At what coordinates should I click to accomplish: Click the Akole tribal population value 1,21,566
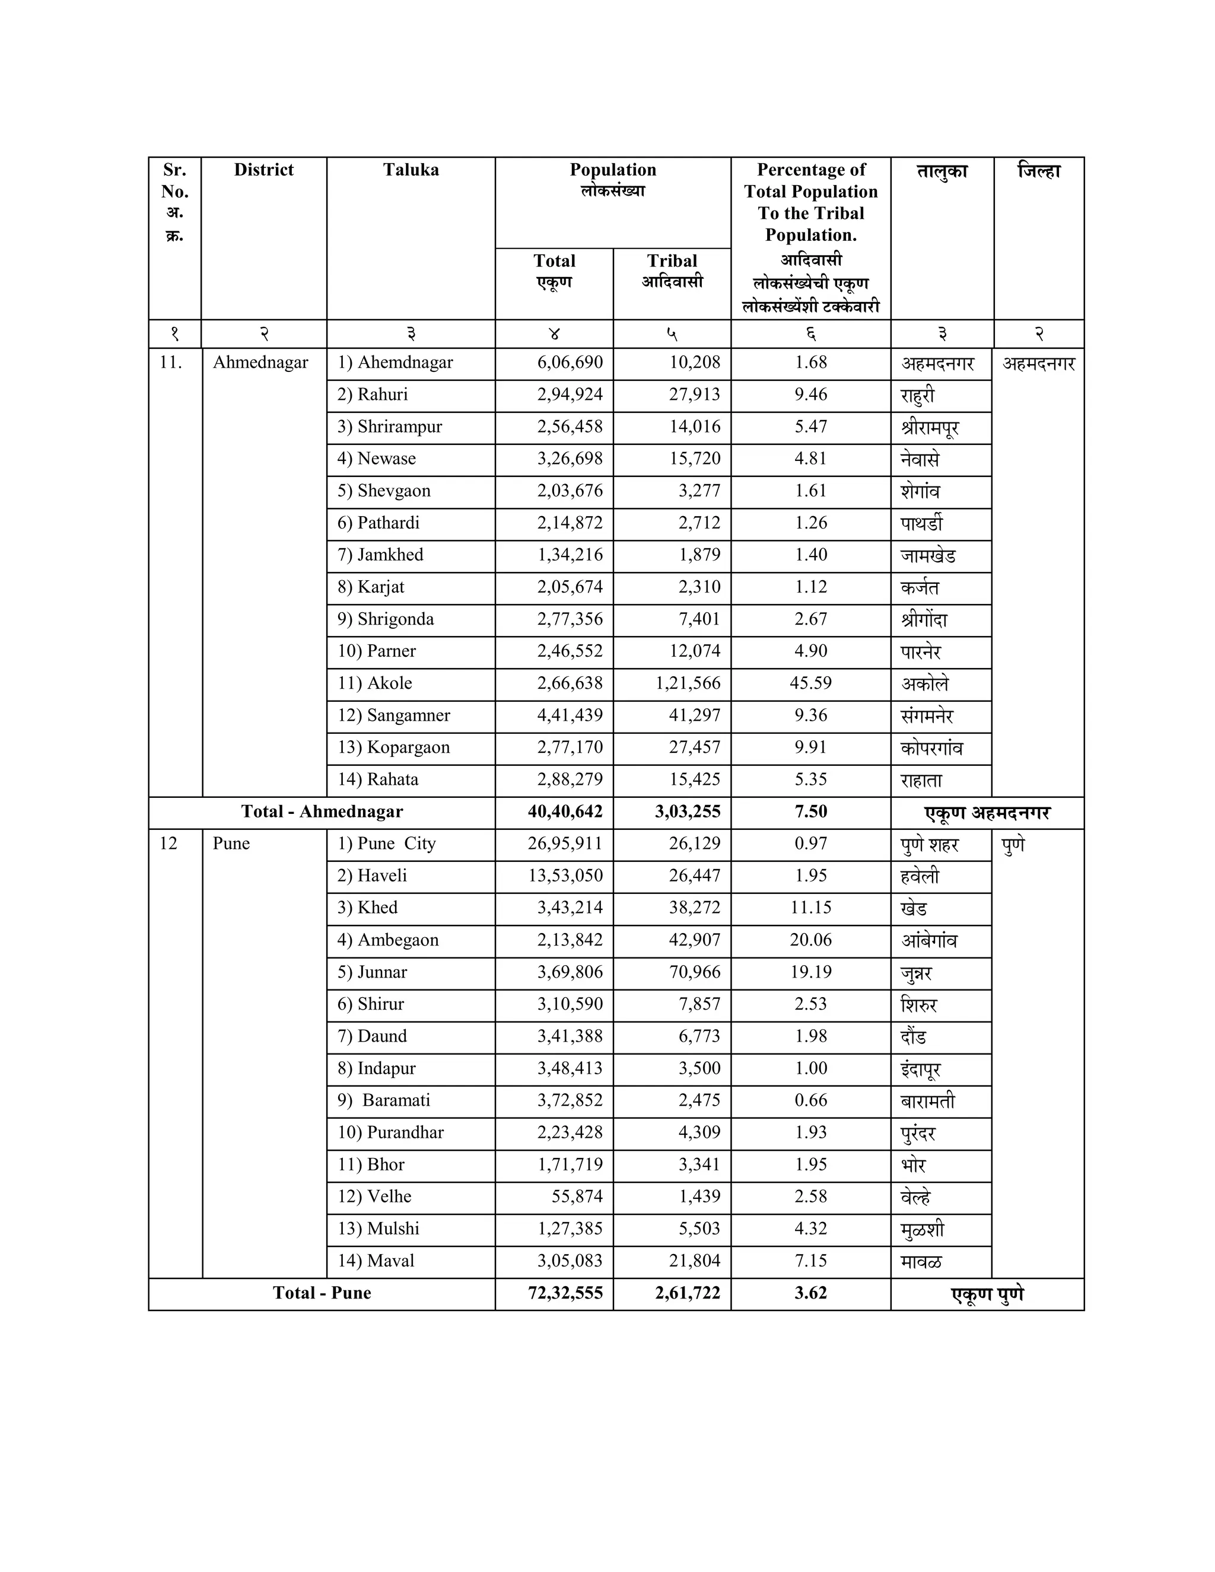pos(688,683)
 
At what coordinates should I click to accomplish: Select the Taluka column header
pos(411,170)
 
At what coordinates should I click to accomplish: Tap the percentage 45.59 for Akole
pos(810,683)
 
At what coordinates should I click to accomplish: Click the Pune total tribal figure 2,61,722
pos(688,1293)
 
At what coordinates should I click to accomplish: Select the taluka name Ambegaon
pos(397,940)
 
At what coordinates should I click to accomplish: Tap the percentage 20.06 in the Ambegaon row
pos(810,940)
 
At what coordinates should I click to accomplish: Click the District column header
pos(263,170)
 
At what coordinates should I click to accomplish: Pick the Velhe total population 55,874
pos(577,1196)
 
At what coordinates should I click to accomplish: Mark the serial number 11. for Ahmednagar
pos(171,363)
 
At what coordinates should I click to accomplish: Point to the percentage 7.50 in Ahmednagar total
pos(810,812)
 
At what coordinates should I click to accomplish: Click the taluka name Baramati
pos(395,1100)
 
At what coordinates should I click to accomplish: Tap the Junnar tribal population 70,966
pos(695,972)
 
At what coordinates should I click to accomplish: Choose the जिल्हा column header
pos(1038,171)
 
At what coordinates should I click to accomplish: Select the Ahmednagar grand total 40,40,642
pos(565,812)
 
